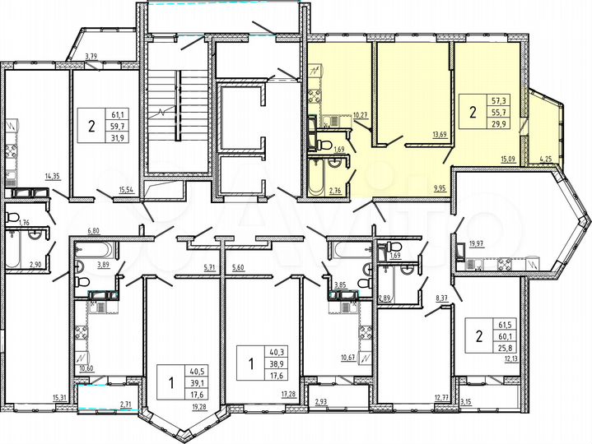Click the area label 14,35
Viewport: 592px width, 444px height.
tap(53, 176)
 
